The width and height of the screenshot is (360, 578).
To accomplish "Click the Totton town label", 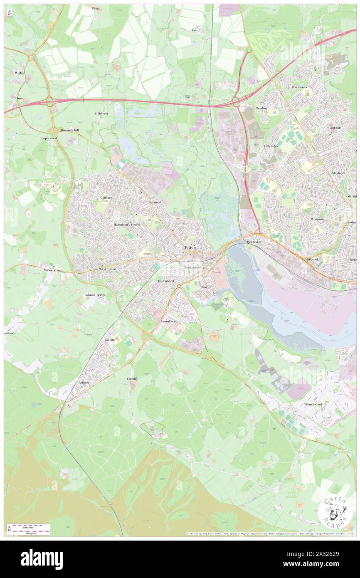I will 190,247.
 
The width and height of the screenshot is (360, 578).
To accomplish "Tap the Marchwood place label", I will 314,404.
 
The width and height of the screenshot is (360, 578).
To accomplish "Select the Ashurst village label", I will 84,382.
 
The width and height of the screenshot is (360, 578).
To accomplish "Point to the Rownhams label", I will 298,87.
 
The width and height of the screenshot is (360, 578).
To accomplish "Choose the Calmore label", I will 106,198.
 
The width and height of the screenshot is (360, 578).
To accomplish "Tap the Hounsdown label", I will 168,321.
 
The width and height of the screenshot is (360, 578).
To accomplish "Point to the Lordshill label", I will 334,128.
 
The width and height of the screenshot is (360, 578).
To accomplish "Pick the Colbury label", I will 132,379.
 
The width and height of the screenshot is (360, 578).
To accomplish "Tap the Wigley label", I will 20,72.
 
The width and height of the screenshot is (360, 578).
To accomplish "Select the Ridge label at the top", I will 96,8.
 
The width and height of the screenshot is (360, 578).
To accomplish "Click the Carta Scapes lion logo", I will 335,511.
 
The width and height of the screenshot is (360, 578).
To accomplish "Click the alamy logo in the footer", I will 42,559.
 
